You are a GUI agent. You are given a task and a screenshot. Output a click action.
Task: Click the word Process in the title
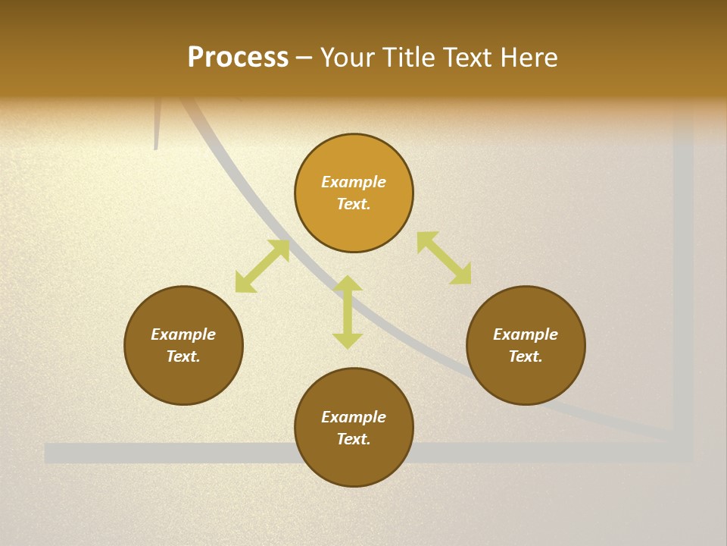[238, 58]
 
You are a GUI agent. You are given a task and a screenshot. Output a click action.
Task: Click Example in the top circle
[354, 182]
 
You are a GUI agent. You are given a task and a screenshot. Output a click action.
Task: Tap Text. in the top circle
[354, 204]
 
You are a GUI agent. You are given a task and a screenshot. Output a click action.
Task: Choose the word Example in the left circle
[183, 334]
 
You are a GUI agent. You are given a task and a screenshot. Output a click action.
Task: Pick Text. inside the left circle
[183, 356]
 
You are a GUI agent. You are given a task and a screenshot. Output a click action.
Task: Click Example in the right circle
[526, 334]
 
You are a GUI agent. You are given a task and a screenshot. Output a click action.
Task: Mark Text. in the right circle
[526, 356]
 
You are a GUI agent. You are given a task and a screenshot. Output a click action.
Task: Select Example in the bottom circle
[354, 417]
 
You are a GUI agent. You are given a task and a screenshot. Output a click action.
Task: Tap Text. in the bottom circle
[354, 439]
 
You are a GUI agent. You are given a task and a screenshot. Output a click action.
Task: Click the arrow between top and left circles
[262, 266]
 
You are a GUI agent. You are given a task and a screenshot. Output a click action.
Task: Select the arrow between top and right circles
[444, 259]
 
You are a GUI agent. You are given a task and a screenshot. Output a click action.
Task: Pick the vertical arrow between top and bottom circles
[348, 312]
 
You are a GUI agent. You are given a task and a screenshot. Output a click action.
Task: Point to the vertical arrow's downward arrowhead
[348, 340]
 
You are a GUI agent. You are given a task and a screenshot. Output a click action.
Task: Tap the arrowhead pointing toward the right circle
[461, 275]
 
